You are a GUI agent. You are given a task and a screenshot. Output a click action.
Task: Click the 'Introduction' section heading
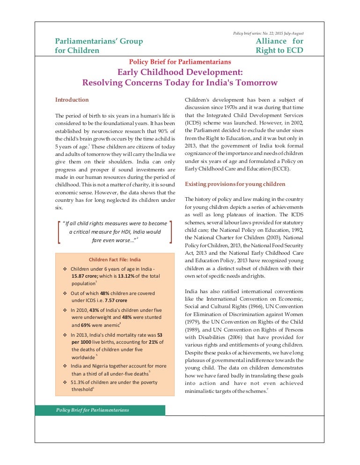[x=72, y=100]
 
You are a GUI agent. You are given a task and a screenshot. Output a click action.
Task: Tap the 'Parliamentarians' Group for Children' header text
[x=99, y=45]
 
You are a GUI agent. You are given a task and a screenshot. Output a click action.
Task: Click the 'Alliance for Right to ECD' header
[x=279, y=45]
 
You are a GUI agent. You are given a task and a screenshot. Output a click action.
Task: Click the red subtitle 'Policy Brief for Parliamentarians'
[x=180, y=62]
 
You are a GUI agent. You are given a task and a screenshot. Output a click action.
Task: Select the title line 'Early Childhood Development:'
[x=180, y=72]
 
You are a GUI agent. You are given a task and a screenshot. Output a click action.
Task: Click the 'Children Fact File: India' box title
[x=115, y=259]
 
